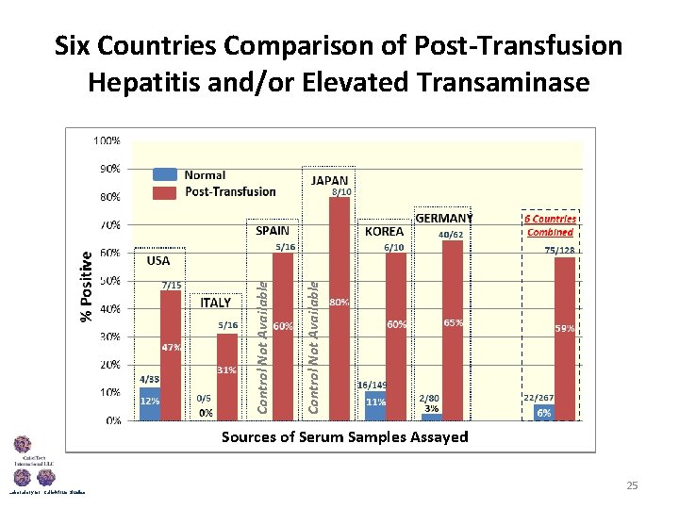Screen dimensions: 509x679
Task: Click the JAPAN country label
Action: point(330,180)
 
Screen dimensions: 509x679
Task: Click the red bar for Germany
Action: point(453,330)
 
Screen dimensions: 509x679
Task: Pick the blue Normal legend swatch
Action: point(165,174)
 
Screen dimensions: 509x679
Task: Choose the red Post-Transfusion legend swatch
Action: point(165,191)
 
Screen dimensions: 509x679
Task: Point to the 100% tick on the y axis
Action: point(106,140)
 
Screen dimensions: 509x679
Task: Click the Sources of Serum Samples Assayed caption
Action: point(344,436)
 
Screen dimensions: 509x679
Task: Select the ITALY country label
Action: point(216,303)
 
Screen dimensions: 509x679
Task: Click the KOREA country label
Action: point(384,231)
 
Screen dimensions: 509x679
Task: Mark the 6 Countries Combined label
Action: point(550,225)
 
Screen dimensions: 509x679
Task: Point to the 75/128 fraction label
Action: point(559,250)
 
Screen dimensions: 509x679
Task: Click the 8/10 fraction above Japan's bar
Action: point(340,192)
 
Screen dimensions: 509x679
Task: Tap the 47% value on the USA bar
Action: point(171,347)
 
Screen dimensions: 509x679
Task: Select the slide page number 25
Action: point(632,485)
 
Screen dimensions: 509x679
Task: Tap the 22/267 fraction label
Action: point(538,398)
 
